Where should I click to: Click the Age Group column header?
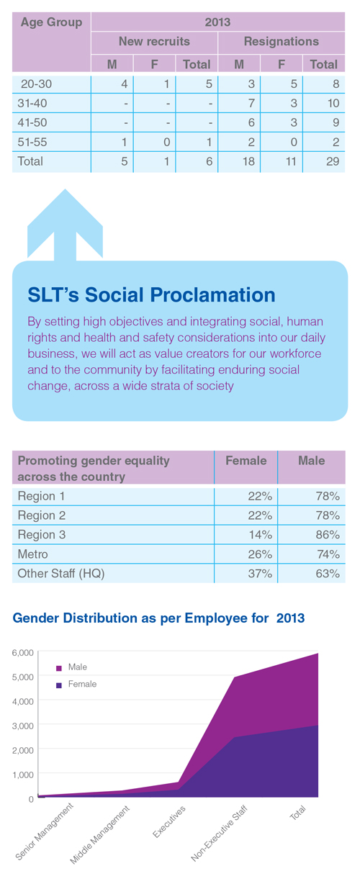[x=51, y=22]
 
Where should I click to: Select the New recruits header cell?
[x=154, y=41]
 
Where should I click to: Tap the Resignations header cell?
[x=282, y=41]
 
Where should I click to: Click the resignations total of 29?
[x=333, y=161]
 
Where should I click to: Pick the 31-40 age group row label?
[x=32, y=103]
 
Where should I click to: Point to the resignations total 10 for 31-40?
[x=333, y=103]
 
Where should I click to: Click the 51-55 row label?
[x=32, y=142]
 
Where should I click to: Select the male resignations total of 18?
[x=248, y=161]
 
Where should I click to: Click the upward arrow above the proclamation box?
[x=65, y=225]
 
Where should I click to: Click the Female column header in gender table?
[x=246, y=461]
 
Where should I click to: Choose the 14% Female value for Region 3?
[x=261, y=535]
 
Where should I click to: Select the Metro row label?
[x=32, y=554]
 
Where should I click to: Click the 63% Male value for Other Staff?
[x=328, y=574]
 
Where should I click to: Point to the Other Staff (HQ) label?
[x=61, y=574]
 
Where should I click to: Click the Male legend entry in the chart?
[x=72, y=667]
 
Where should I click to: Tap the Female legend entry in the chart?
[x=76, y=685]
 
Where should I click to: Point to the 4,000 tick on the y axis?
[x=23, y=702]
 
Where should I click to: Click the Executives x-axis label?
[x=168, y=822]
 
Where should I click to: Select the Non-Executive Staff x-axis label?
[x=219, y=834]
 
